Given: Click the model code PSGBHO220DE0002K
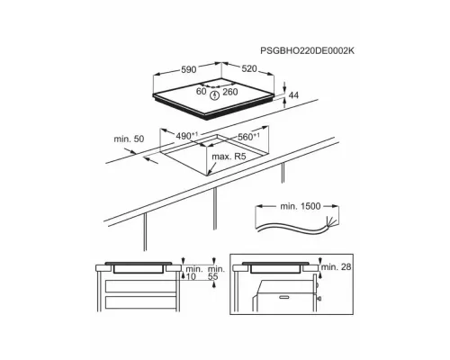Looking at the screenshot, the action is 307,50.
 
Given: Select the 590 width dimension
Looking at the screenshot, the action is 188,69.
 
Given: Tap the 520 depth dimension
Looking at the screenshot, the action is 249,69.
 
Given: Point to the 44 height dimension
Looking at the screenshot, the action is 293,95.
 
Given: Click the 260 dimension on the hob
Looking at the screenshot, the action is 230,92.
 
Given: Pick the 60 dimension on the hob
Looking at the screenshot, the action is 202,91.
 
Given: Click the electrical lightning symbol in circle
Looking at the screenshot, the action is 215,94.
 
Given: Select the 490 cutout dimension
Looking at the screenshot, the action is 187,136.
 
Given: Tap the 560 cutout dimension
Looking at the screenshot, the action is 248,137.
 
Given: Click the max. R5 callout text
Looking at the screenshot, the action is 229,157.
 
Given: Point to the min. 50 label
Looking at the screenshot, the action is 129,139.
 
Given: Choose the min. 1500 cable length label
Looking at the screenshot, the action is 301,206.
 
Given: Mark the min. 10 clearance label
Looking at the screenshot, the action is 191,273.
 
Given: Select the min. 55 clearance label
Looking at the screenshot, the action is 216,273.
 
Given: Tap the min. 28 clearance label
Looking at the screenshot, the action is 337,266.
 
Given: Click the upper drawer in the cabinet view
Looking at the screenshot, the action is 140,286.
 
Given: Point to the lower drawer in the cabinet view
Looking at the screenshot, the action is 140,303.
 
